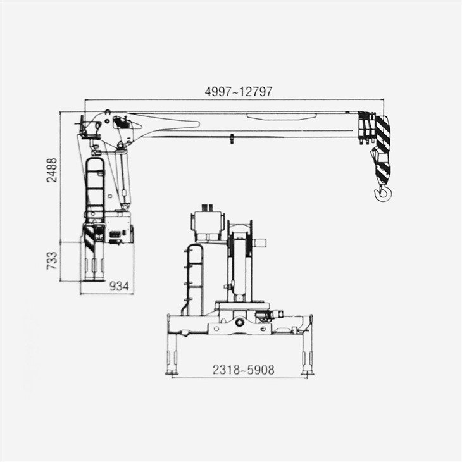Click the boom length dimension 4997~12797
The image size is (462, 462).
[239, 91]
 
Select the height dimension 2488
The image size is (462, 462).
[52, 170]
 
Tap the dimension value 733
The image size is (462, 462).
[52, 260]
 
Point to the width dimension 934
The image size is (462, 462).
[120, 287]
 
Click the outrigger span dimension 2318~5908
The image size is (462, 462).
[243, 370]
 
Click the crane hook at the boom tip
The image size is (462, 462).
[382, 192]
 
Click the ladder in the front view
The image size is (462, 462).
[194, 278]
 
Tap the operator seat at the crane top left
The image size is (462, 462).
[89, 129]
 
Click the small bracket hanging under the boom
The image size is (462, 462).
[232, 139]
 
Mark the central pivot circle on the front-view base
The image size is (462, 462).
[240, 322]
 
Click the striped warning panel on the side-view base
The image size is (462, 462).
[89, 237]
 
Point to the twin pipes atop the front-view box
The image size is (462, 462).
[206, 208]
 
